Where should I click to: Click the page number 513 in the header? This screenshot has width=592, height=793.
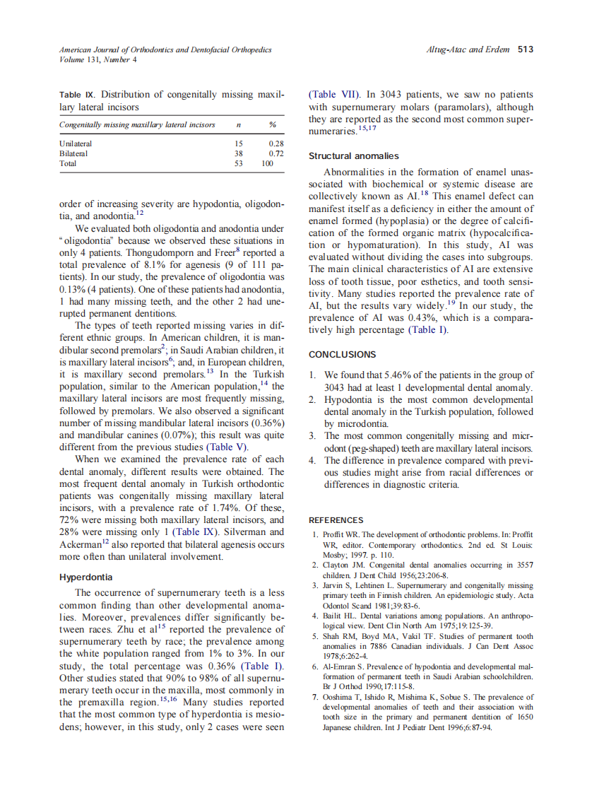[x=525, y=49]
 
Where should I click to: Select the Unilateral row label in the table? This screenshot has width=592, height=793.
[x=76, y=143]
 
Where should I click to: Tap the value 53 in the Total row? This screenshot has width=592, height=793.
[x=238, y=163]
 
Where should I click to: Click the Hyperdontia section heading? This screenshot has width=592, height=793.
[x=85, y=576]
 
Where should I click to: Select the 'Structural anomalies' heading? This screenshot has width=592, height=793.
[x=353, y=155]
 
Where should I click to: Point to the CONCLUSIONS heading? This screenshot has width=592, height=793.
[x=343, y=355]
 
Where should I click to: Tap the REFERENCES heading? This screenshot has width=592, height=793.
[x=336, y=520]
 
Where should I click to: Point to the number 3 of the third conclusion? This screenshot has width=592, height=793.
[x=312, y=436]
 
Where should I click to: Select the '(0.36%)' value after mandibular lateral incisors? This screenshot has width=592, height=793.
[x=264, y=423]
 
